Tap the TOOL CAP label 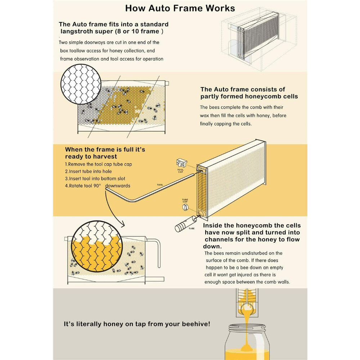pyautogui.click(x=180, y=171)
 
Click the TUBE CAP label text pyautogui.click(x=185, y=201)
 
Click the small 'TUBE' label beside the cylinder pyautogui.click(x=191, y=228)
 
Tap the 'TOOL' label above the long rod pyautogui.click(x=160, y=185)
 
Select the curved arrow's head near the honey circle pyautogui.click(x=122, y=225)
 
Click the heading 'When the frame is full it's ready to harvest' pyautogui.click(x=105, y=153)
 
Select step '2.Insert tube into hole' pyautogui.click(x=89, y=171)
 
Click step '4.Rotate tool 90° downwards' pyautogui.click(x=98, y=186)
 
